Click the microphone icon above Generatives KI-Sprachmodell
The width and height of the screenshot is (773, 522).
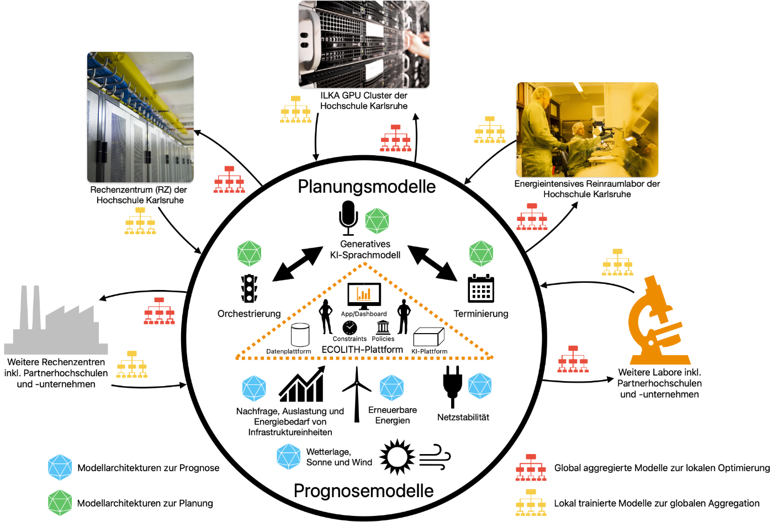pyautogui.click(x=348, y=218)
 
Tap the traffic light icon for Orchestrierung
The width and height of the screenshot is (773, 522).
pyautogui.click(x=249, y=288)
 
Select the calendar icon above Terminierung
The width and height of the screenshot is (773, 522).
pyautogui.click(x=481, y=288)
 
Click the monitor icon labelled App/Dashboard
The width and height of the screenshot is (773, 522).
pyautogui.click(x=364, y=296)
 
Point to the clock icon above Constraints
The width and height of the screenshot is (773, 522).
pyautogui.click(x=350, y=328)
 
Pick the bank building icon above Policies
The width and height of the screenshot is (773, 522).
pyautogui.click(x=383, y=327)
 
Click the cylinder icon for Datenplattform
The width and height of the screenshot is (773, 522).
pyautogui.click(x=300, y=335)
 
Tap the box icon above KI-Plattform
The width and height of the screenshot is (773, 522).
pyautogui.click(x=428, y=336)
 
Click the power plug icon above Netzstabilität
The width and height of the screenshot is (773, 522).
pyautogui.click(x=452, y=387)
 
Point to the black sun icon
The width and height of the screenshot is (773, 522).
pyautogui.click(x=397, y=457)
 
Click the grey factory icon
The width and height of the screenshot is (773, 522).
pyautogui.click(x=56, y=320)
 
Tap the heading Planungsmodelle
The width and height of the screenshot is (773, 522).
pyautogui.click(x=367, y=187)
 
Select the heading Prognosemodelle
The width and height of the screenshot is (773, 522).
pyautogui.click(x=364, y=491)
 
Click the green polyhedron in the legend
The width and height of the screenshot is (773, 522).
pyautogui.click(x=60, y=503)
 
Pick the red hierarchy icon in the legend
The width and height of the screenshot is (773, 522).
pyautogui.click(x=531, y=467)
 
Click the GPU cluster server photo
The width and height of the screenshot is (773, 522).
pyautogui.click(x=364, y=44)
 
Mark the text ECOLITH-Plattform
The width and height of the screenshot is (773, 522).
pyautogui.click(x=362, y=350)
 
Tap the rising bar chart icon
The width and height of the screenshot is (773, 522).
pyautogui.click(x=302, y=384)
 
